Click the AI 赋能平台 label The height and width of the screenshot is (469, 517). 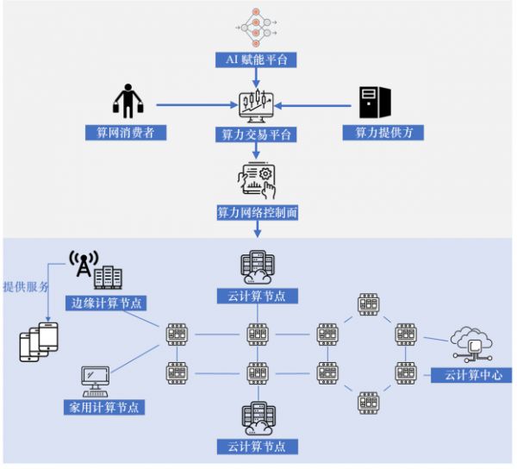click(x=256, y=60)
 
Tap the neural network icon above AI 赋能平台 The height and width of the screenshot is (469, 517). click(x=255, y=26)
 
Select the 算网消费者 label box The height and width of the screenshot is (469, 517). click(x=125, y=134)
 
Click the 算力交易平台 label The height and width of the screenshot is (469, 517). click(x=256, y=135)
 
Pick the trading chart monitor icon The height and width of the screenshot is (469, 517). click(x=256, y=107)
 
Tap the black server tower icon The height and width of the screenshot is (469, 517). click(x=376, y=103)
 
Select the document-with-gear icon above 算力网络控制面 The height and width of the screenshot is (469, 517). click(x=257, y=178)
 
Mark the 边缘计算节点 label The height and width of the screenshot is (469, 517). click(x=107, y=303)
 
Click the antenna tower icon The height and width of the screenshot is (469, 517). click(x=84, y=267)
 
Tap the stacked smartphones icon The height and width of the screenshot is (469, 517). click(x=39, y=341)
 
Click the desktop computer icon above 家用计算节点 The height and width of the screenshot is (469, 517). click(x=95, y=378)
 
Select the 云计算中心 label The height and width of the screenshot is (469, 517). click(x=472, y=375)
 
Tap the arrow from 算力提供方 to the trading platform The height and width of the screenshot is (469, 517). click(x=315, y=106)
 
